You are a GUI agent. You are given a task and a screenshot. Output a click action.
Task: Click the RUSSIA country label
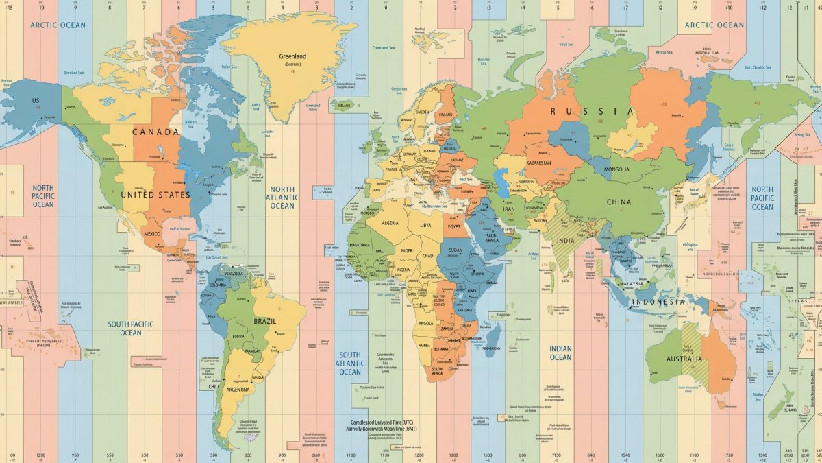pos(592,111)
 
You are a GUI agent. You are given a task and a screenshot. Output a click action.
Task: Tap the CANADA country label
pos(155,132)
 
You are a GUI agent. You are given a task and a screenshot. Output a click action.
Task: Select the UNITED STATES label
pos(155,195)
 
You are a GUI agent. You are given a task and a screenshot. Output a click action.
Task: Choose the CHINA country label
pos(619,202)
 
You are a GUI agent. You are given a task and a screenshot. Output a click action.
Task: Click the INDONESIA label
pos(658,302)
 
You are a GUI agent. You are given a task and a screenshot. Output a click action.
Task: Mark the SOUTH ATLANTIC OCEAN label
pos(350,364)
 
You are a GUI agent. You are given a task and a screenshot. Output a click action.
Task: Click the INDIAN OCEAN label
pos(560,353)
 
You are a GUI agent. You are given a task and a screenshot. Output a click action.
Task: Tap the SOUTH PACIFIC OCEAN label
pos(131,329)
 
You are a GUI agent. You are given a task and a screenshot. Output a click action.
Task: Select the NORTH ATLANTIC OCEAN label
pos(282,198)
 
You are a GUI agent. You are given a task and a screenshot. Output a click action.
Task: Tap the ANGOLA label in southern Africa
pos(425,324)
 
